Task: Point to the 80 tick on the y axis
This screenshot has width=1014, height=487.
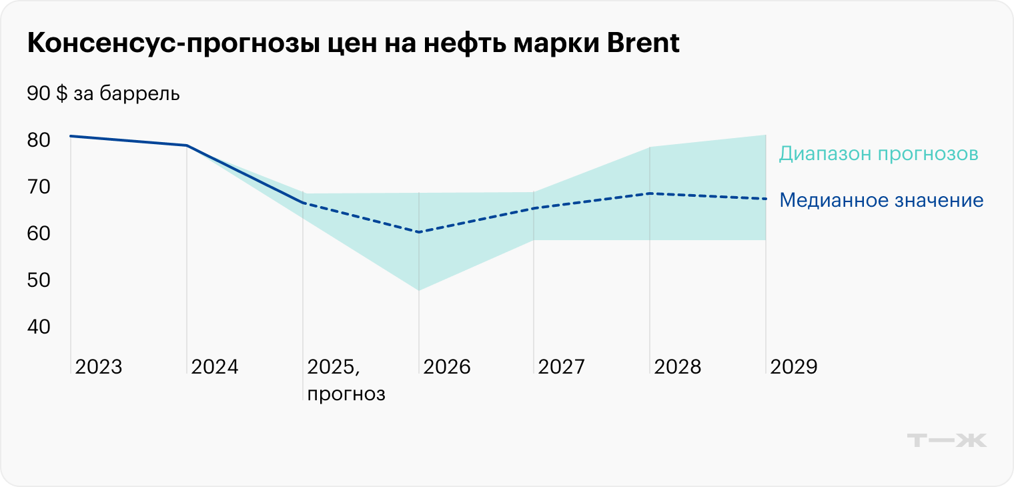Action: [39, 140]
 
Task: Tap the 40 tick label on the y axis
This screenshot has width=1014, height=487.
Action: [39, 328]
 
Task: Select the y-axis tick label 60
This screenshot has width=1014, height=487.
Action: [39, 234]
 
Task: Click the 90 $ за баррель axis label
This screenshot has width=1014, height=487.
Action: [103, 93]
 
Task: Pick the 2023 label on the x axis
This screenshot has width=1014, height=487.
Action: [98, 367]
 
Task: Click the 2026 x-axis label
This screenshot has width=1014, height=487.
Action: [446, 367]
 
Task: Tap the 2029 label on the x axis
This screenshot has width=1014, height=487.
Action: [793, 367]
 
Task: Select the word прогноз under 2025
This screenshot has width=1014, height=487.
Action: [346, 394]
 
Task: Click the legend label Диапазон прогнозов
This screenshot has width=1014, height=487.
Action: [878, 154]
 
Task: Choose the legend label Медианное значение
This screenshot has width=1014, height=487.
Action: [881, 200]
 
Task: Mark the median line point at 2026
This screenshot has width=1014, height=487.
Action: [418, 232]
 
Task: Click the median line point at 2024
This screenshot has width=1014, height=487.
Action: [187, 145]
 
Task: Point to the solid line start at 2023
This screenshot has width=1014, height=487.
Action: [71, 136]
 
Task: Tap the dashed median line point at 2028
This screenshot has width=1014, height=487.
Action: [650, 193]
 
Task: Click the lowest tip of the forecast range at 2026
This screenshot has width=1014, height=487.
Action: [418, 290]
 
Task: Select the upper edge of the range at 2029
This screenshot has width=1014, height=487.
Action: [765, 135]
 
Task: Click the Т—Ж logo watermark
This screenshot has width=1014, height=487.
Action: [947, 440]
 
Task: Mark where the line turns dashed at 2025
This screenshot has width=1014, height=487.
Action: [303, 202]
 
